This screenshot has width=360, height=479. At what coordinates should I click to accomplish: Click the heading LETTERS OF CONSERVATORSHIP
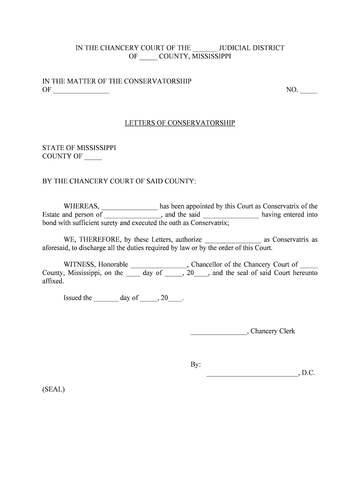180,123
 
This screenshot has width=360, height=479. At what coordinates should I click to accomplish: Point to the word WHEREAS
81,206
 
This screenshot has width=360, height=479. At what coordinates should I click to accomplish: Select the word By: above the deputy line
195,364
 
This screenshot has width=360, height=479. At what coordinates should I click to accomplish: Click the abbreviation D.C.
309,373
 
